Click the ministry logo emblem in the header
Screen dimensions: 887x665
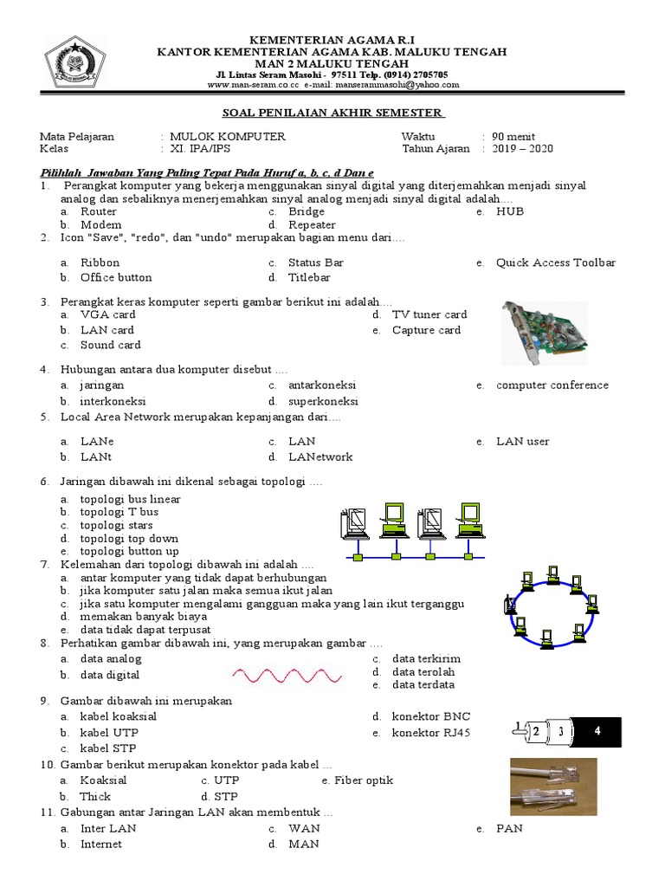point(75,63)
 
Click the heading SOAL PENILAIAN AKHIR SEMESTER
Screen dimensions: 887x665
point(333,113)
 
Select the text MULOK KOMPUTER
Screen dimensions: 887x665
point(227,137)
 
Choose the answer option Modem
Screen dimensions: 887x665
point(100,225)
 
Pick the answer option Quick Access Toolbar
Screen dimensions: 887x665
point(555,262)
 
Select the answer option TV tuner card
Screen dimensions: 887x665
point(429,315)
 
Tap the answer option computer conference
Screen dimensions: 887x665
point(552,385)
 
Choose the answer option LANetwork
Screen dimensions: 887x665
point(320,457)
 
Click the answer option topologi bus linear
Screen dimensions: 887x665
point(130,500)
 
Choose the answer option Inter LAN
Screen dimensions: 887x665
point(108,829)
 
